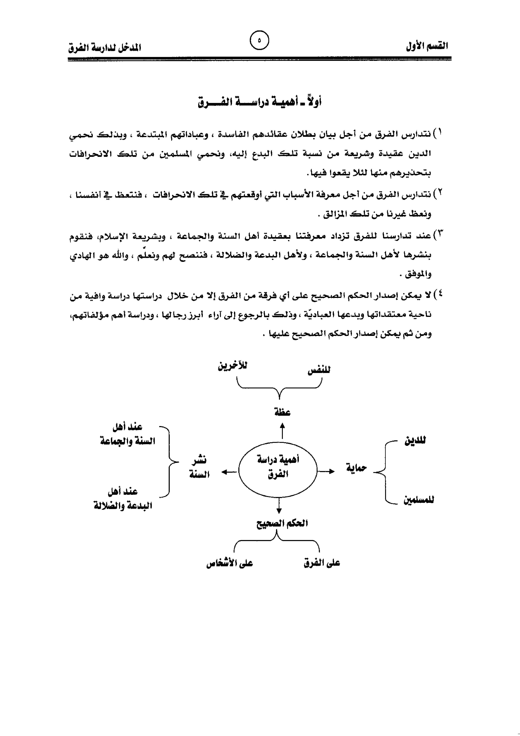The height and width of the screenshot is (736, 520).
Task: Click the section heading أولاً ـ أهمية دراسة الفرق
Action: (x=259, y=102)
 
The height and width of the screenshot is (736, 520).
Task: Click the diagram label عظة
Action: (x=282, y=412)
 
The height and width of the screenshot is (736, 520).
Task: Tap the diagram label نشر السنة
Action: (x=199, y=467)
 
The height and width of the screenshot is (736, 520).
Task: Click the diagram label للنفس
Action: (x=319, y=370)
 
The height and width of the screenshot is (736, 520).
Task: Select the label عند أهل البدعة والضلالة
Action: (x=123, y=498)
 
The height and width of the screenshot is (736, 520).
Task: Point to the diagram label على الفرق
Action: (x=322, y=563)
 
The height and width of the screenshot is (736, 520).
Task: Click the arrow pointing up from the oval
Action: (x=282, y=431)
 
